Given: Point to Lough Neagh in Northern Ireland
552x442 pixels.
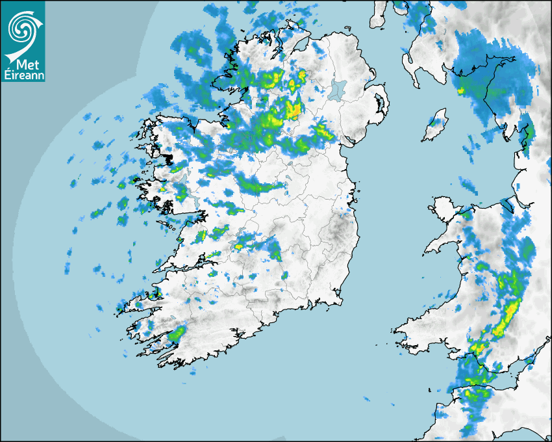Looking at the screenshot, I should coord(337,89).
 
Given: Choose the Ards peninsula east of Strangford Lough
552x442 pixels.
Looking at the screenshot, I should coord(384,104).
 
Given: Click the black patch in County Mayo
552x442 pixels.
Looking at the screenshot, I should coord(168,158).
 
